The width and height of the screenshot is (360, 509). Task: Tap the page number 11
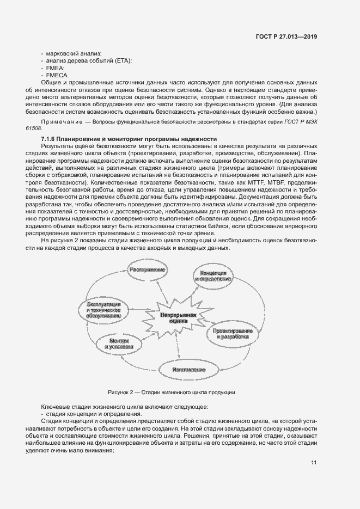tap(314, 463)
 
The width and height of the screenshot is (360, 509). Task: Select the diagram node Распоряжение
tap(147, 269)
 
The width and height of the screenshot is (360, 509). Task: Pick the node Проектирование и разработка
tap(231, 334)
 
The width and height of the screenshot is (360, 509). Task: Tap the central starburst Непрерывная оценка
tap(178, 318)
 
